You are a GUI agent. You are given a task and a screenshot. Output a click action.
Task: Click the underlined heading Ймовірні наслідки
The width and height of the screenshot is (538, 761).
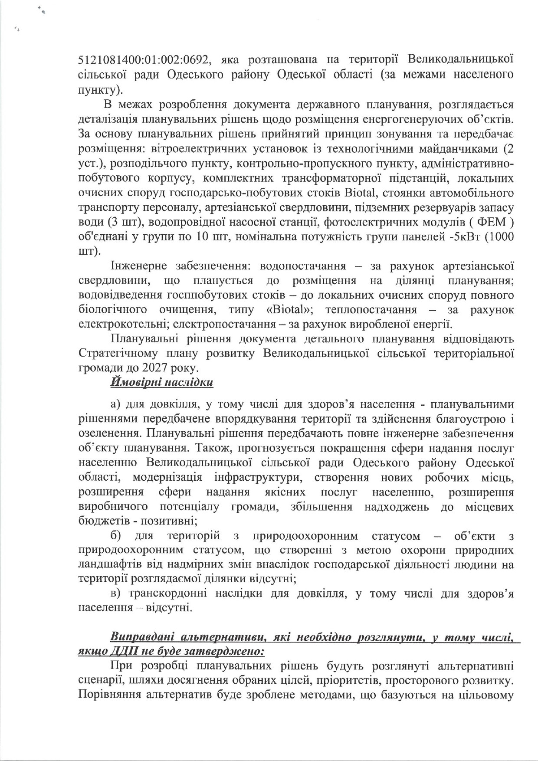click(x=162, y=383)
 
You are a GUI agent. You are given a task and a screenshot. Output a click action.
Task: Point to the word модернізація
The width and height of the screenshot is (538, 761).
click(x=167, y=477)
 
